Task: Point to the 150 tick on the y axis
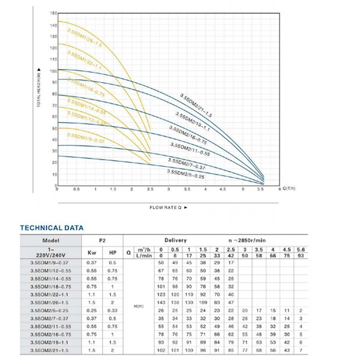[x=53, y=13]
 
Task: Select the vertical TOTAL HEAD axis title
[x=40, y=86]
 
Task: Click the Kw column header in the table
[x=92, y=253]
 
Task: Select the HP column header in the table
[x=113, y=253]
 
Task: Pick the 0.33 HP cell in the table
[x=113, y=310]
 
